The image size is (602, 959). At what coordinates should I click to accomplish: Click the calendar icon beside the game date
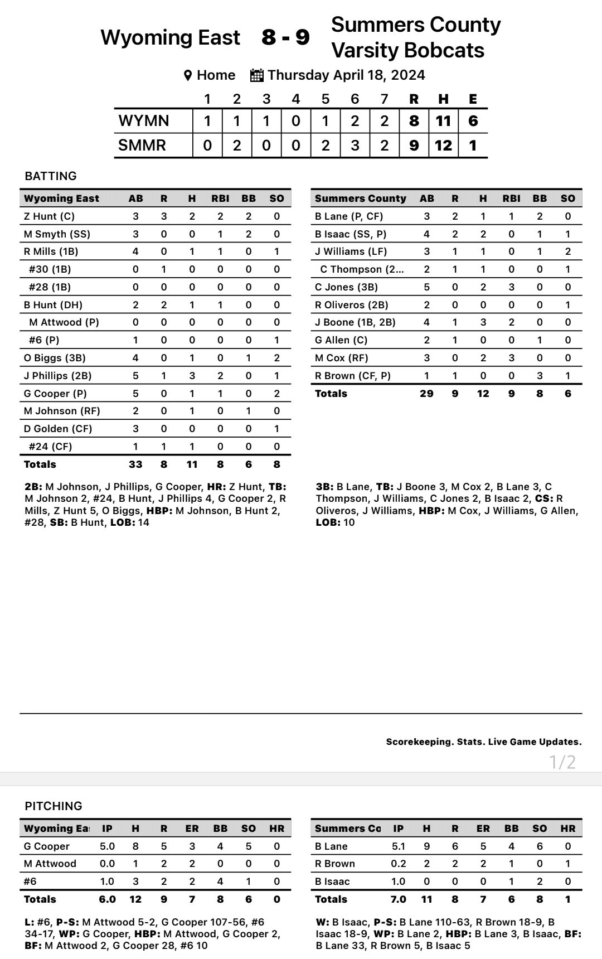point(256,75)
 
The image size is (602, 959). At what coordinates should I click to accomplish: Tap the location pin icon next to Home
point(188,75)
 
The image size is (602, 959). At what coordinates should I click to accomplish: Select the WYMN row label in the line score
point(143,121)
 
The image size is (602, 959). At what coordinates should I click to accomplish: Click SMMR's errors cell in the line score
point(473,146)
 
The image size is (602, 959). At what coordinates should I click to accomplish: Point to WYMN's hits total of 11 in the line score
point(443,121)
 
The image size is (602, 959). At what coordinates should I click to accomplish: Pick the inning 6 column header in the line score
point(355,99)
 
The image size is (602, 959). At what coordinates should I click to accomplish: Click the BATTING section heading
point(51,176)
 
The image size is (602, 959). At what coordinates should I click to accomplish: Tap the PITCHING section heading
point(54,806)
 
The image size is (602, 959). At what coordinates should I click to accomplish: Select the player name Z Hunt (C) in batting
point(49,216)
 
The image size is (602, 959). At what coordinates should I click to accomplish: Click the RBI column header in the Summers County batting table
point(511,198)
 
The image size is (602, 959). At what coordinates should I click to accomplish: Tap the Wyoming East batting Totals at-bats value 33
point(135,464)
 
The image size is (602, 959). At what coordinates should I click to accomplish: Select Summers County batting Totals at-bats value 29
point(426,394)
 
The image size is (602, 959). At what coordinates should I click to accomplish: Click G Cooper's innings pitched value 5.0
point(107,846)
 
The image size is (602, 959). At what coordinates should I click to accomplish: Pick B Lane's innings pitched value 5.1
point(398,846)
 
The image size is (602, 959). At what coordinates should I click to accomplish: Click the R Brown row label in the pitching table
point(335,864)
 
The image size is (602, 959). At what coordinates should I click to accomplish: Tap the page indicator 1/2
point(562,762)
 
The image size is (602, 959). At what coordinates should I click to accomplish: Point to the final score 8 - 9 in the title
point(285,37)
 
